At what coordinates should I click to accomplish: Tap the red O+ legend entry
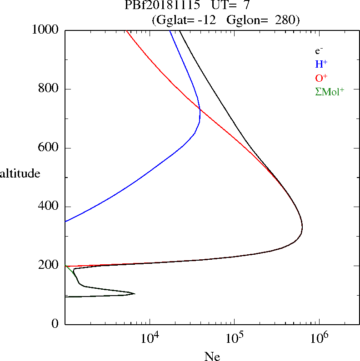[321, 78]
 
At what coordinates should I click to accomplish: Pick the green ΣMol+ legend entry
[330, 92]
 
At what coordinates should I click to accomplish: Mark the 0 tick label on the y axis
[55, 324]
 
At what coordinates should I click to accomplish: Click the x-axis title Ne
[212, 356]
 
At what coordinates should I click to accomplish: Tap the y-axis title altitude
[20, 173]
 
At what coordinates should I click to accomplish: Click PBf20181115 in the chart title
[162, 6]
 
